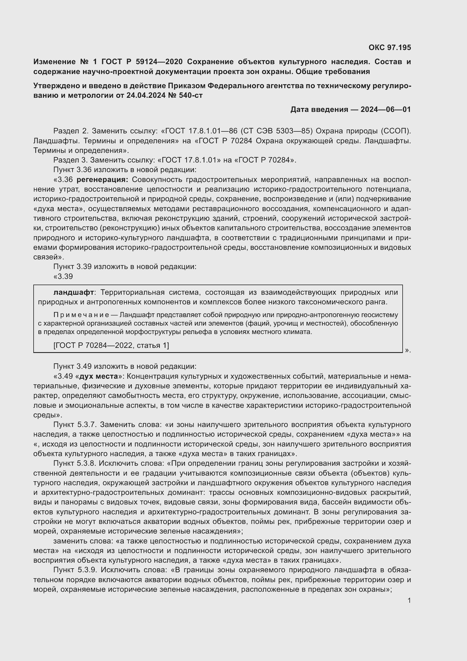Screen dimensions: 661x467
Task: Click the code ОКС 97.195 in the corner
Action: (x=390, y=47)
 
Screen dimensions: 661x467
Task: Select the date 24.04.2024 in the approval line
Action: (x=146, y=95)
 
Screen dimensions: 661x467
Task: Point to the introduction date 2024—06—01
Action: (x=386, y=109)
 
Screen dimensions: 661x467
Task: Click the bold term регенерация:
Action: (x=102, y=180)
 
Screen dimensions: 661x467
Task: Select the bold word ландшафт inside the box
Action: (x=74, y=292)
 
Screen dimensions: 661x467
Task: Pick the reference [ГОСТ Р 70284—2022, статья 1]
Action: (x=111, y=345)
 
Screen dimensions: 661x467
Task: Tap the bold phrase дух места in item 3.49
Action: (x=99, y=376)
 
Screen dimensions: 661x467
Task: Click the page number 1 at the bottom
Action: (x=409, y=600)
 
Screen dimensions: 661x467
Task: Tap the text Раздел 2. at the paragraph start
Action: (x=71, y=131)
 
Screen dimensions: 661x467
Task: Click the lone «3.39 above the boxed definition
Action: (x=63, y=276)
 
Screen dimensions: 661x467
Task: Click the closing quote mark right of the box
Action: (x=407, y=350)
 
